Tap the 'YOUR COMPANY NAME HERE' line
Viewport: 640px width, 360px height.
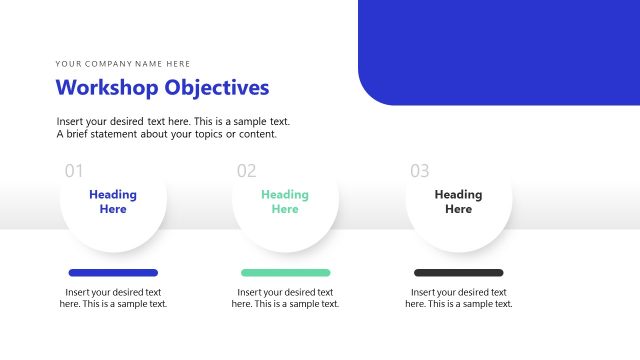122,63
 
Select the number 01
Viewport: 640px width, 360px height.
74,171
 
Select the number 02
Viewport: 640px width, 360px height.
246,171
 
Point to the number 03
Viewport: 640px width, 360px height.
420,171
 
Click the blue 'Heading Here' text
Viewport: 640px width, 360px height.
113,202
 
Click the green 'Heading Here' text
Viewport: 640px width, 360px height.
285,202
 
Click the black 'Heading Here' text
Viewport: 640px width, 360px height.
458,202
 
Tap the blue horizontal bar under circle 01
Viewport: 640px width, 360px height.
113,272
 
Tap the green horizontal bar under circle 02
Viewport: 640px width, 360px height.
285,272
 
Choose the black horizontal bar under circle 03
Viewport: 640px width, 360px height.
458,272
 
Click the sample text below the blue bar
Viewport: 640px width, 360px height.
113,298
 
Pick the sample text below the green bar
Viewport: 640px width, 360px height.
285,298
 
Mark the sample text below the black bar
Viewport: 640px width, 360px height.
458,298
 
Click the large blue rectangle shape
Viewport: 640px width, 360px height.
500,50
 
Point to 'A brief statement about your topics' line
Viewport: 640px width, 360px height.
166,134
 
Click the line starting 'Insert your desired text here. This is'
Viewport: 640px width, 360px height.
173,121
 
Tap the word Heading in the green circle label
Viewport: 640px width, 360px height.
285,195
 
